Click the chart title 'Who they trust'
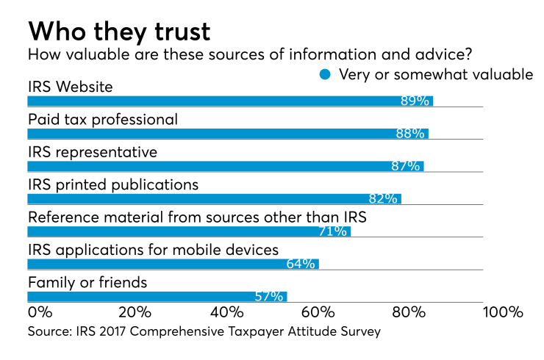coord(119,31)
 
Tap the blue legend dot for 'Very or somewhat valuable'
coord(325,73)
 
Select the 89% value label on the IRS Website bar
coord(415,101)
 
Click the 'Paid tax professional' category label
coord(103,119)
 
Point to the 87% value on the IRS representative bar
coord(406,166)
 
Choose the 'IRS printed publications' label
coord(112,184)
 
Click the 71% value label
coord(332,231)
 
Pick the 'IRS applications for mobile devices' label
coord(153,250)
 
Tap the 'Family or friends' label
coord(87,282)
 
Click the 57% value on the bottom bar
coord(269,297)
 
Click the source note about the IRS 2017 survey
coord(204,332)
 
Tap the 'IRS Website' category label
coord(70,87)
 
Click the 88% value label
coord(410,134)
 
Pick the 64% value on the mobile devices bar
coord(301,264)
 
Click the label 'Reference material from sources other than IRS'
coord(196,217)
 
